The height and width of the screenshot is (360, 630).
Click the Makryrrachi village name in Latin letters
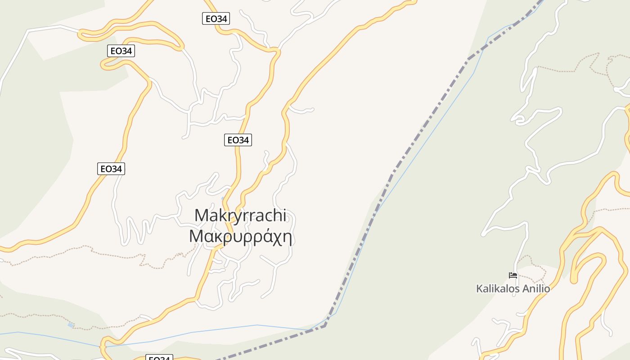(x=240, y=216)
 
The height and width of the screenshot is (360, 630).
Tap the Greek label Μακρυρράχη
(x=241, y=236)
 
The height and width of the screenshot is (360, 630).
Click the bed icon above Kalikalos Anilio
(x=513, y=275)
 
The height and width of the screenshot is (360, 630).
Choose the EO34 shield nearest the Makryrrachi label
(x=238, y=140)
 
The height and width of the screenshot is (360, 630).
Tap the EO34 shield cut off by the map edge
(x=159, y=358)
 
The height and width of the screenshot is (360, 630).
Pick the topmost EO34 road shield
(x=216, y=18)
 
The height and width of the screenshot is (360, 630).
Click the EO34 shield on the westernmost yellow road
(x=111, y=169)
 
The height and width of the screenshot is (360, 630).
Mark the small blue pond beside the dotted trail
(x=71, y=324)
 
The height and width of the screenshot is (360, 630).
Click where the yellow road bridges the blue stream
(x=104, y=347)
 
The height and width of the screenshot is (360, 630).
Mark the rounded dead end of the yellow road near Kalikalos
(x=574, y=280)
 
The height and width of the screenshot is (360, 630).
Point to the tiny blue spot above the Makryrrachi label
(x=223, y=198)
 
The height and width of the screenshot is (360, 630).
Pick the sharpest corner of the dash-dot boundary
(x=325, y=325)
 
